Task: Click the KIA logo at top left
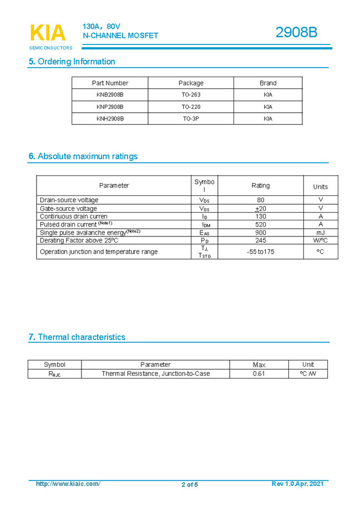(48, 34)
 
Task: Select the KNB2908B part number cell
(110, 94)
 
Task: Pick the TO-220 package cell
(191, 107)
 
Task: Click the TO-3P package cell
(191, 119)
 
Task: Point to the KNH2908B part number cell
(110, 119)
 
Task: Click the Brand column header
(268, 83)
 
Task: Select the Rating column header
(261, 185)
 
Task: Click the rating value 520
(261, 224)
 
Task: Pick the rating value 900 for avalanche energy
(261, 233)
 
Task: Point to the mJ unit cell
(320, 233)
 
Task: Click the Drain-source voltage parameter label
(69, 200)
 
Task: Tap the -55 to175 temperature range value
(261, 251)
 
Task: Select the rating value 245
(261, 240)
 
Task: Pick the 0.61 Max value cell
(259, 374)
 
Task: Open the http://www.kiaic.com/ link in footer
(68, 484)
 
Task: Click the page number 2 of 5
(189, 485)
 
